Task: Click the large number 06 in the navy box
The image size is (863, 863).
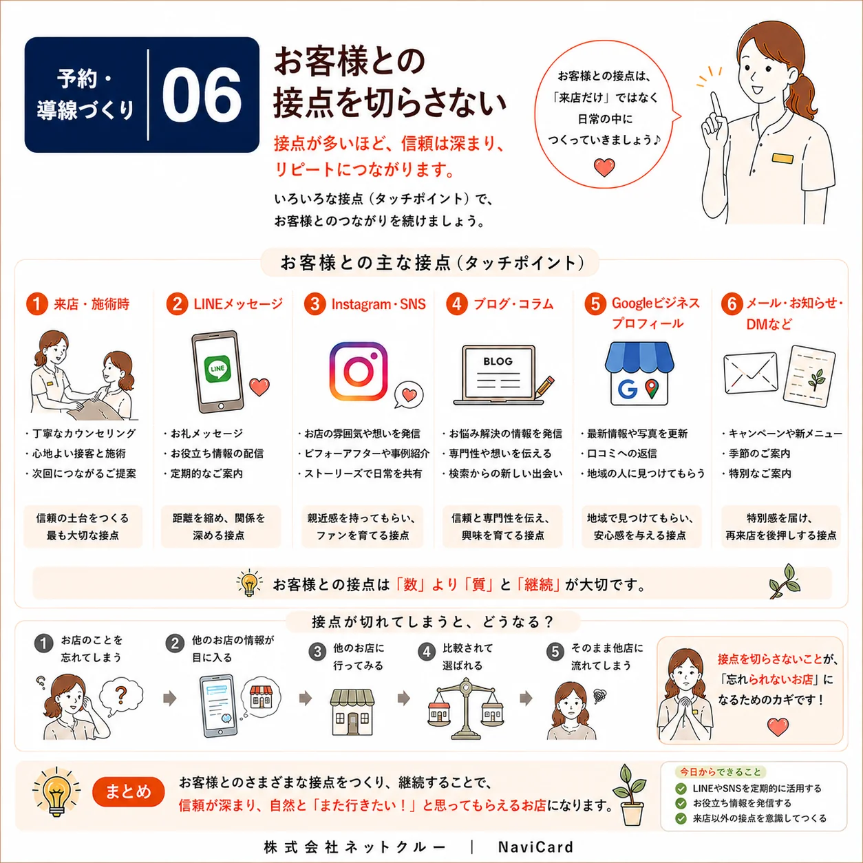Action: pos(202,96)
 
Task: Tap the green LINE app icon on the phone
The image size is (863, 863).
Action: pos(217,369)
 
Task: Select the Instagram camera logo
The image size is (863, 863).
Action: pos(359,371)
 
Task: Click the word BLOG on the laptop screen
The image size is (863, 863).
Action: pos(498,361)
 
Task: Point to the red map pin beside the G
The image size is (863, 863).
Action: pos(652,388)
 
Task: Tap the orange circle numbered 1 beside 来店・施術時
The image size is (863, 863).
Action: pos(36,304)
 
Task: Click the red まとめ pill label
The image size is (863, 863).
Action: pos(129,792)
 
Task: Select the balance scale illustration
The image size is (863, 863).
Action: pos(466,708)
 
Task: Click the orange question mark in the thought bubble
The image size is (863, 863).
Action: pos(120,694)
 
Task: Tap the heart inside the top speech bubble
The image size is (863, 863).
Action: pos(604,167)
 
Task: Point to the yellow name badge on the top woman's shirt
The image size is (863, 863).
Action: pos(782,158)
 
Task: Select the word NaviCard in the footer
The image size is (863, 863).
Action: pos(535,847)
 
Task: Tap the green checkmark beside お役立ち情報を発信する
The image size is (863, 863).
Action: pos(681,803)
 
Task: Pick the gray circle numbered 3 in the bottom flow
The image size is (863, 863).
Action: pos(317,652)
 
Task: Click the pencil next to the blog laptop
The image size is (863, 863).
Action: pos(544,387)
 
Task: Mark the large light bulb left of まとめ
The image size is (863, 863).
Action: pos(57,793)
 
